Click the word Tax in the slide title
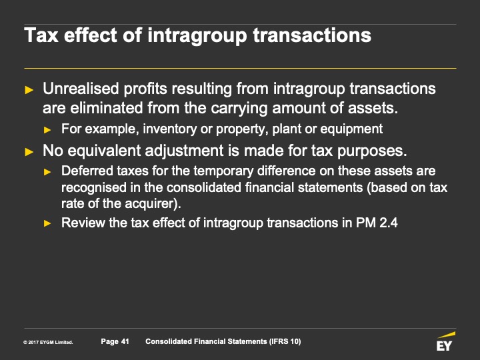click(41, 35)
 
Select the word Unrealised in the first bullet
click(81, 89)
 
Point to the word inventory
click(169, 129)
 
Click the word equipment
click(351, 129)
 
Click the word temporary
click(223, 171)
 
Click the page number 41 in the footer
click(125, 341)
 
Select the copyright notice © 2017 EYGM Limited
click(48, 342)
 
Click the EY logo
click(445, 341)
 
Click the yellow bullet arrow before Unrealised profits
click(29, 90)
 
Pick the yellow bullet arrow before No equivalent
click(29, 152)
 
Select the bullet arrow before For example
click(47, 130)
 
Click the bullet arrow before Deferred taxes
click(47, 172)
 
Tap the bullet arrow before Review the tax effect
click(47, 223)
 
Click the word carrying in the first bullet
click(239, 109)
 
